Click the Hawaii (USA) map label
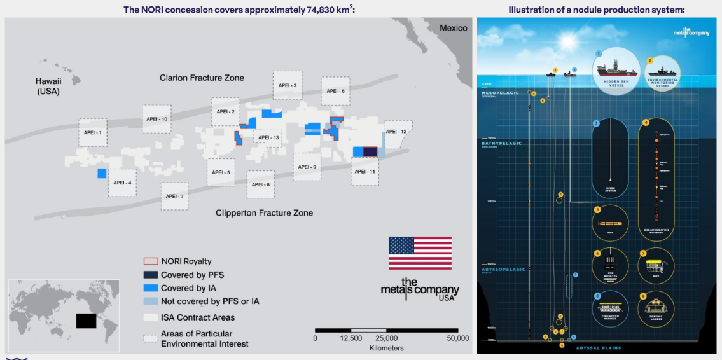48,86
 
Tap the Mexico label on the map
453,28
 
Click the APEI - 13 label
267,138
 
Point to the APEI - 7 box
174,196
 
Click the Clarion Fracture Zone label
202,78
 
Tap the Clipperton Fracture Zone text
264,213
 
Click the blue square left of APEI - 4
102,173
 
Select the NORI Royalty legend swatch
151,261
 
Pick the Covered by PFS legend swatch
151,275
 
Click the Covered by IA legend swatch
151,288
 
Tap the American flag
420,253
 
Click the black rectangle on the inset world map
87,320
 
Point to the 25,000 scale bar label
387,338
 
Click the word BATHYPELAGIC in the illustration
502,144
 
